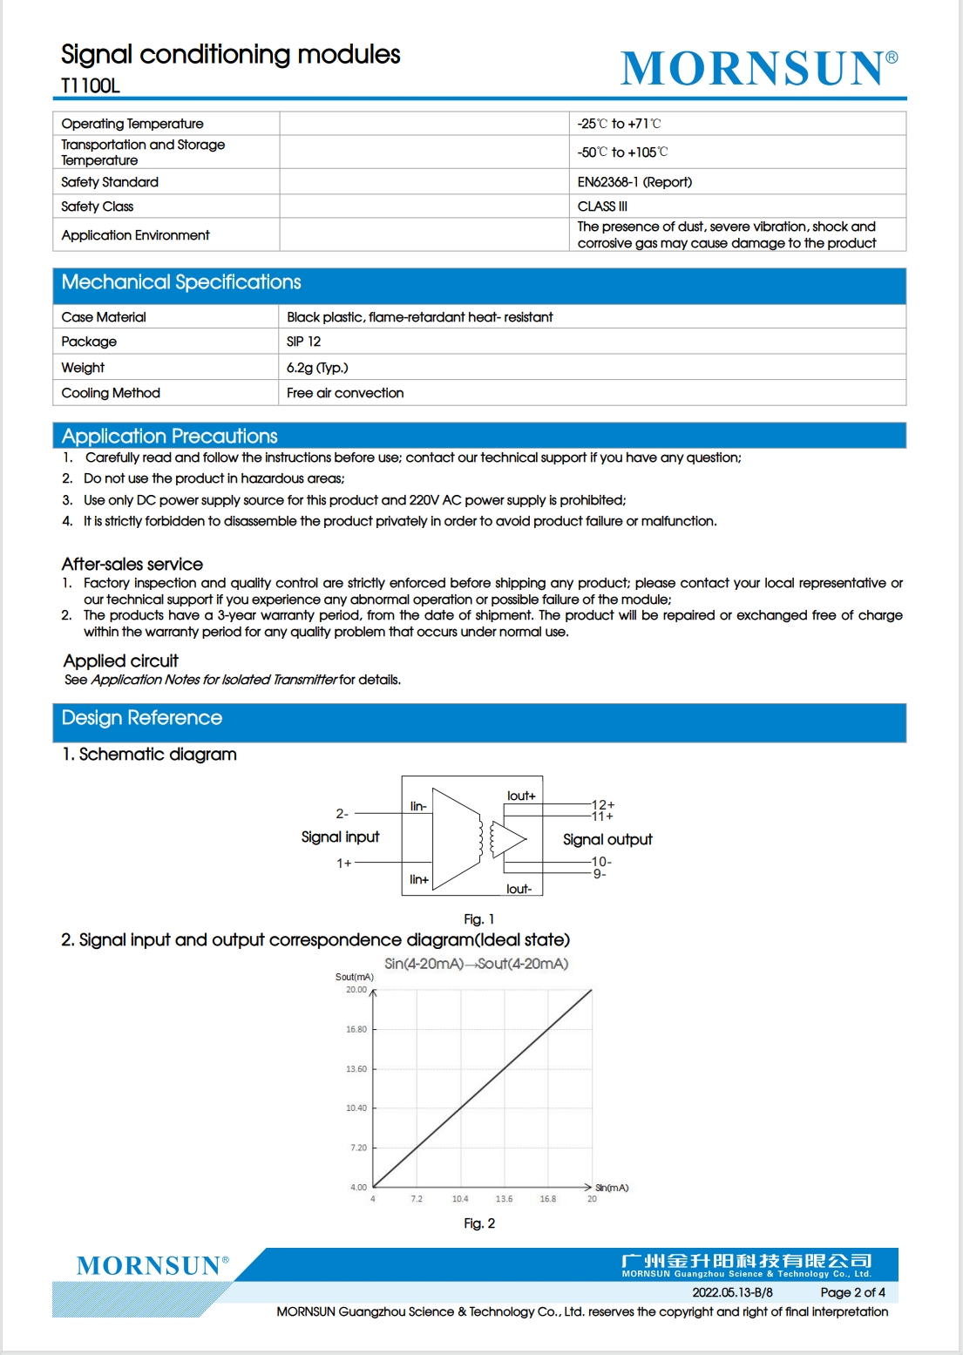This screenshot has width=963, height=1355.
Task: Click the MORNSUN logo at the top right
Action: (758, 68)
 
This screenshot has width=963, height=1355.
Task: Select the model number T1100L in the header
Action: (91, 85)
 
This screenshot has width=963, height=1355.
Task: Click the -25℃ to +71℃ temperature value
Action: (619, 124)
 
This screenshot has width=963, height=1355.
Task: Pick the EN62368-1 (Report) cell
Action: (634, 182)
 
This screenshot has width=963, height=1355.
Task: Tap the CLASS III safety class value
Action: (602, 207)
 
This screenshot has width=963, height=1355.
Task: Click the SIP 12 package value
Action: (303, 342)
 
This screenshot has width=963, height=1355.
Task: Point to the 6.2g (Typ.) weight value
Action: (317, 368)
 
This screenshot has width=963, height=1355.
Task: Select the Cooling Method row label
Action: (111, 393)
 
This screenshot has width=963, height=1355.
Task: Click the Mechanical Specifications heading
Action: (181, 282)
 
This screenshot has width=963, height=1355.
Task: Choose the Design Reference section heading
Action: (142, 718)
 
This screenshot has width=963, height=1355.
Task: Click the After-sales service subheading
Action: (132, 565)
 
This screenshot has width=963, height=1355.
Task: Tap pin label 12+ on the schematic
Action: (603, 804)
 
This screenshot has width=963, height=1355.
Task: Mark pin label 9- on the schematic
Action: (600, 874)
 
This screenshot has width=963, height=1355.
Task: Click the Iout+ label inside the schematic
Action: (521, 796)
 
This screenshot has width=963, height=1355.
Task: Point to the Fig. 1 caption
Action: (478, 919)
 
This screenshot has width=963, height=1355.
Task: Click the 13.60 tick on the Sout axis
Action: (356, 1069)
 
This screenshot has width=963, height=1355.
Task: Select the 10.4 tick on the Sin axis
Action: (460, 1199)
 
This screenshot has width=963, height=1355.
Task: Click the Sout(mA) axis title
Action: (355, 977)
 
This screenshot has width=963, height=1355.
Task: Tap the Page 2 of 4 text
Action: (852, 1292)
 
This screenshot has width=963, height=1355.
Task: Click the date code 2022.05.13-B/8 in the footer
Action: (732, 1292)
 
